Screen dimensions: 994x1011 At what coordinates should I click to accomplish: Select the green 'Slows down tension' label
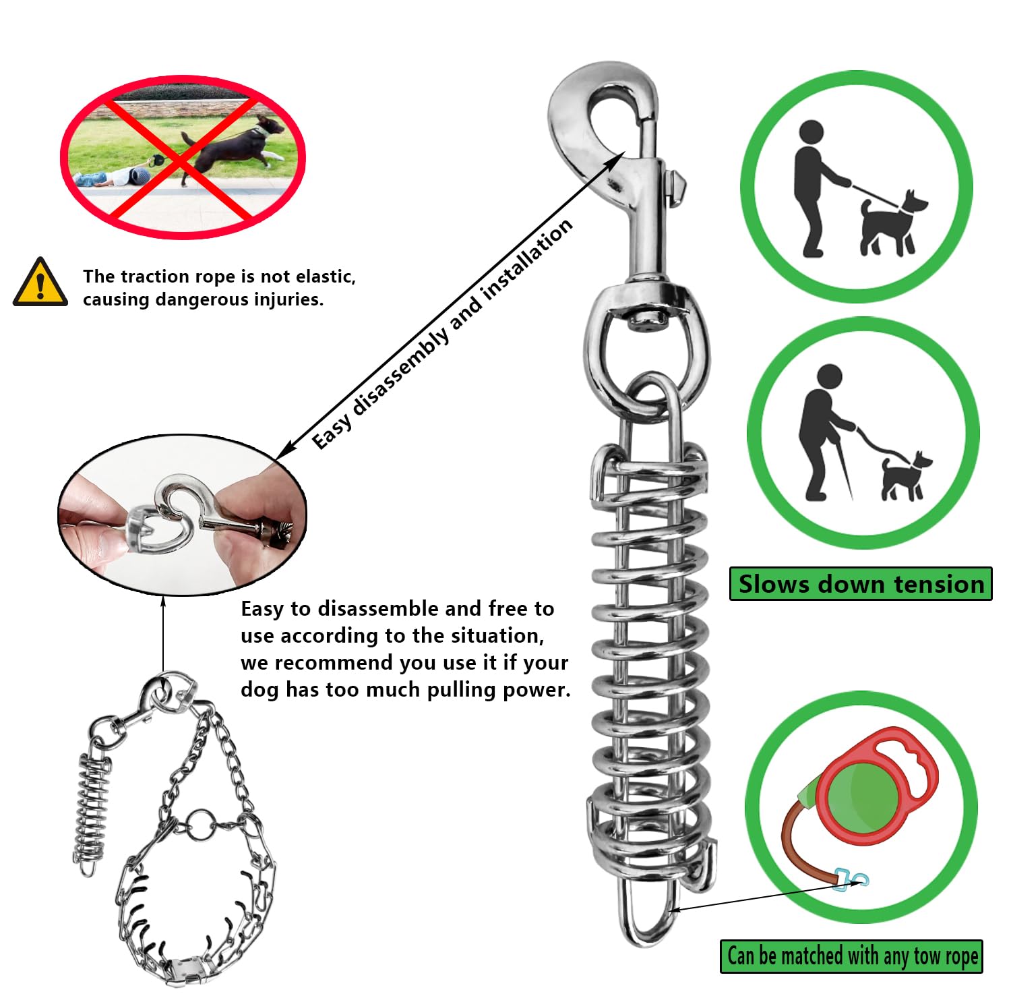[861, 584]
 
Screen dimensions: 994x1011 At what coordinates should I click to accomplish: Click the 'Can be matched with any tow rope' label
[851, 956]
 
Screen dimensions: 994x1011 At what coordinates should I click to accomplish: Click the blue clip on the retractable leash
[851, 879]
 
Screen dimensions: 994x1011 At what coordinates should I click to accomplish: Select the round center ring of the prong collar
[201, 825]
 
